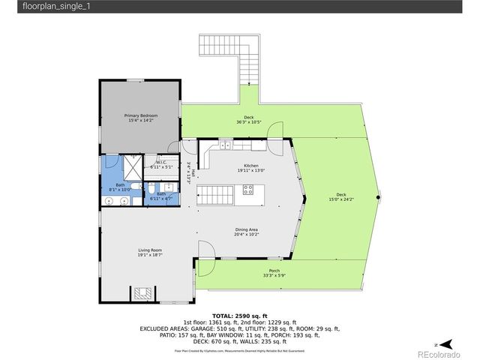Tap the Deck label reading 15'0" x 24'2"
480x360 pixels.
tap(341, 197)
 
